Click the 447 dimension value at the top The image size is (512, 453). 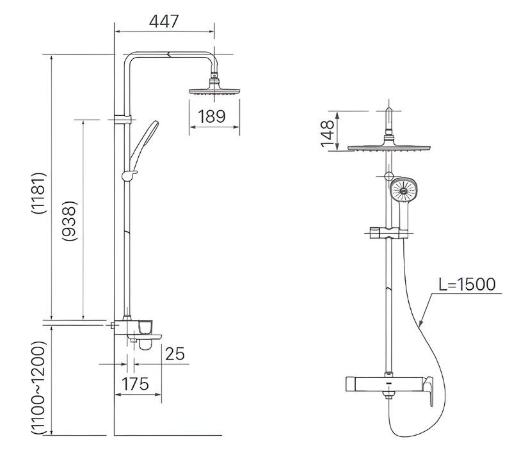point(164,20)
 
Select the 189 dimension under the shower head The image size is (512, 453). point(211,116)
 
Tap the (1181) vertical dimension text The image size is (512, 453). point(38,193)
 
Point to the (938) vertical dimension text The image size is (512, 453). point(70,220)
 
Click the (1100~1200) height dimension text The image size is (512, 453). point(38,388)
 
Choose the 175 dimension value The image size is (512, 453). point(135,383)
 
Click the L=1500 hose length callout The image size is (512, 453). point(467,284)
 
